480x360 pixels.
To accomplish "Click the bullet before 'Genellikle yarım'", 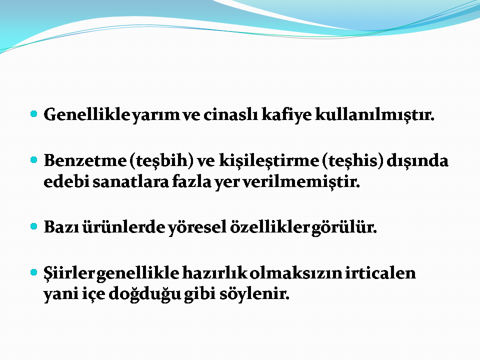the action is (33, 114).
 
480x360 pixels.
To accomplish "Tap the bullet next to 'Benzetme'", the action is (33, 160).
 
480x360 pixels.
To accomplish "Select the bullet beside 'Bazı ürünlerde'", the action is (33, 226).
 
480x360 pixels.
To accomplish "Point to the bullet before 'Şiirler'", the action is (33, 272).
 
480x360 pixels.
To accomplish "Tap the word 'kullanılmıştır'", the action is (374, 115).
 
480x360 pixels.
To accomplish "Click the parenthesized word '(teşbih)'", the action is (161, 161).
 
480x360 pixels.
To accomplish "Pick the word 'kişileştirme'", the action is (269, 160).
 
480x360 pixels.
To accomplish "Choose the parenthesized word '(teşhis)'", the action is (353, 161).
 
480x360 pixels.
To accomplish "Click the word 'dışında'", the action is (417, 161).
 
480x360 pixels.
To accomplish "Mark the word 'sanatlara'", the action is (130, 181).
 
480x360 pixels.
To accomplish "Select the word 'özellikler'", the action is (270, 227).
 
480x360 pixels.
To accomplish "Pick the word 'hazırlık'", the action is (215, 273).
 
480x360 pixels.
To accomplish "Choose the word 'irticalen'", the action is (380, 273).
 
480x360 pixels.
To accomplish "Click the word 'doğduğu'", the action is (145, 294).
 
